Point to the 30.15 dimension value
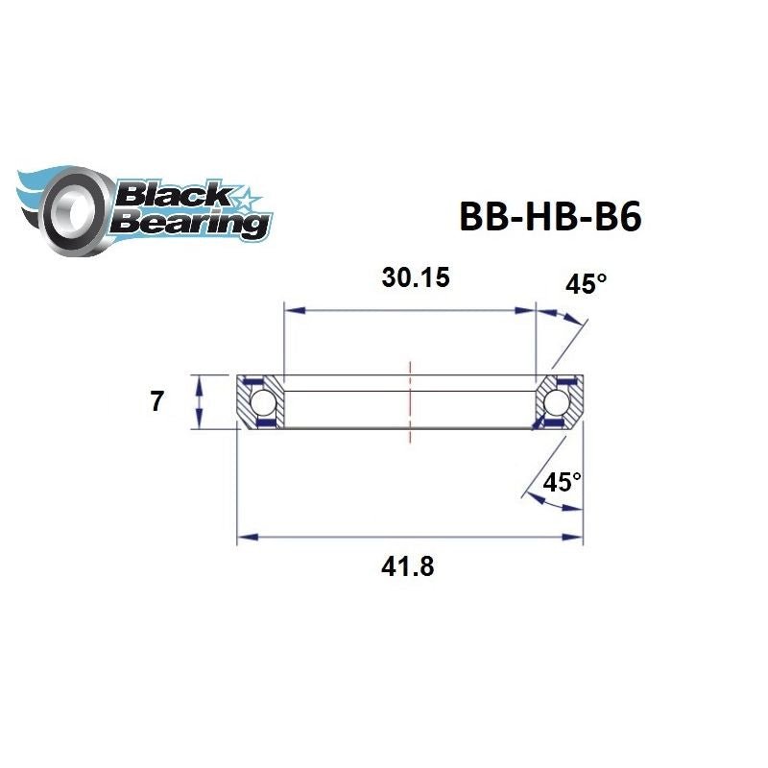click(x=416, y=278)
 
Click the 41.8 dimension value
click(x=410, y=566)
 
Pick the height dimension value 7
click(x=156, y=401)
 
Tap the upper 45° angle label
click(x=588, y=284)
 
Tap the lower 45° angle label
click(x=563, y=482)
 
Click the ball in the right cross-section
click(x=560, y=400)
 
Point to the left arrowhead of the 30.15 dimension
click(x=291, y=310)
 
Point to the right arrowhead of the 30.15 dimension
click(x=527, y=310)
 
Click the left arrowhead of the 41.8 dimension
click(x=245, y=538)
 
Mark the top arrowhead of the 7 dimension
click(x=199, y=381)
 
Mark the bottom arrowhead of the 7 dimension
click(x=199, y=422)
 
